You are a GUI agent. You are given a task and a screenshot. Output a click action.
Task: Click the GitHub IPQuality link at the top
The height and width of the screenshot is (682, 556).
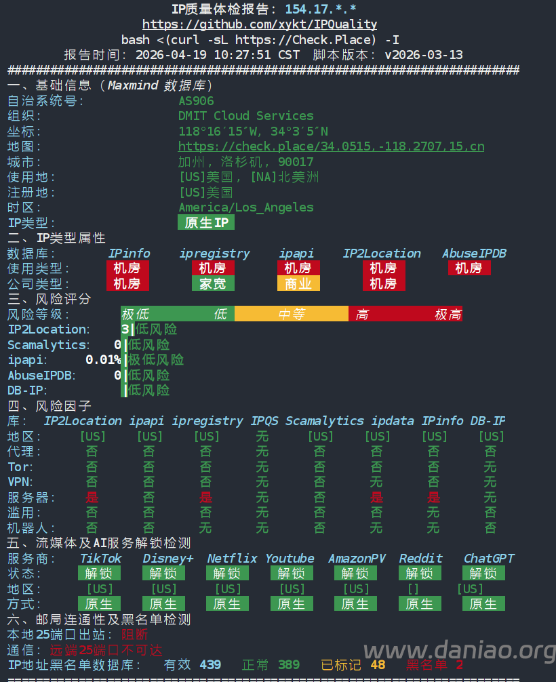pyautogui.click(x=260, y=24)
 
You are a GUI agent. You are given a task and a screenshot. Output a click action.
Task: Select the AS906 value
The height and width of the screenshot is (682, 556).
pyautogui.click(x=196, y=101)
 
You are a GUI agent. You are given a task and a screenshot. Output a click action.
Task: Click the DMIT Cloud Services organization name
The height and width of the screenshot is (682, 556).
pyautogui.click(x=245, y=116)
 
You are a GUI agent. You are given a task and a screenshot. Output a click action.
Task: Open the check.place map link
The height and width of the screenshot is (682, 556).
pyautogui.click(x=331, y=146)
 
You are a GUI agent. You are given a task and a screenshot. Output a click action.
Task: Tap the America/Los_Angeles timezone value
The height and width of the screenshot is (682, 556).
pyautogui.click(x=245, y=207)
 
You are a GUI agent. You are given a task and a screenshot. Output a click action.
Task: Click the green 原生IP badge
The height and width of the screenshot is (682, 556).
pyautogui.click(x=206, y=222)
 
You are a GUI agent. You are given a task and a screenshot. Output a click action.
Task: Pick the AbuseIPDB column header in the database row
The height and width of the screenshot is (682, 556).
pyautogui.click(x=474, y=254)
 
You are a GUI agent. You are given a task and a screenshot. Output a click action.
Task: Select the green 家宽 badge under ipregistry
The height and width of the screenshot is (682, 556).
pyautogui.click(x=213, y=283)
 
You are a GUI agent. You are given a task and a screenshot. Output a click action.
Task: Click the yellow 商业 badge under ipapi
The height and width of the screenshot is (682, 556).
pyautogui.click(x=298, y=283)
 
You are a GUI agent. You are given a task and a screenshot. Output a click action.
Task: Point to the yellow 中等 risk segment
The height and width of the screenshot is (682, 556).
pyautogui.click(x=291, y=314)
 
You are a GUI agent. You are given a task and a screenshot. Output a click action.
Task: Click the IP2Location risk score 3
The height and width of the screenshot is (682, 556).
pyautogui.click(x=125, y=329)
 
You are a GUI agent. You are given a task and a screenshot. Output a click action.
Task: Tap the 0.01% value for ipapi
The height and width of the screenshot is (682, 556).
pyautogui.click(x=103, y=360)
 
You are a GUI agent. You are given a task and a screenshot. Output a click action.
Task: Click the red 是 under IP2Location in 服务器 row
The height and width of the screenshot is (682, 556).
pyautogui.click(x=92, y=498)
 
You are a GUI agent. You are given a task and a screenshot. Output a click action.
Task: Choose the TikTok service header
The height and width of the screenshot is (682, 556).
pyautogui.click(x=100, y=559)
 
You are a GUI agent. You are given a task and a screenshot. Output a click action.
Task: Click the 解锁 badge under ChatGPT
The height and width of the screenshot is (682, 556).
pyautogui.click(x=483, y=574)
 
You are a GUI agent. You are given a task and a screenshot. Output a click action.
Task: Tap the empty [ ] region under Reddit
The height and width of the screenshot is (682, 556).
pyautogui.click(x=413, y=589)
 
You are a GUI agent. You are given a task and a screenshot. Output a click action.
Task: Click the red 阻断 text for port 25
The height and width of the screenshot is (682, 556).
pyautogui.click(x=134, y=635)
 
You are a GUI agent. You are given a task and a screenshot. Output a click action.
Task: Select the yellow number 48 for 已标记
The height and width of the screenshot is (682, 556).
pyautogui.click(x=378, y=665)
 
